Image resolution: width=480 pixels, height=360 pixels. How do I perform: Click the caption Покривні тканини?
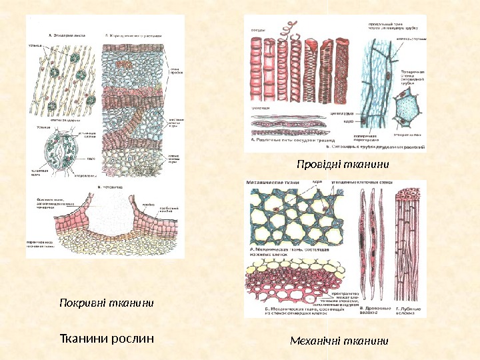(x=107, y=303)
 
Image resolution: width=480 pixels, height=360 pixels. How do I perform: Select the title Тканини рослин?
(x=107, y=337)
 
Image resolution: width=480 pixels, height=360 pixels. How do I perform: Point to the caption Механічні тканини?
(x=339, y=341)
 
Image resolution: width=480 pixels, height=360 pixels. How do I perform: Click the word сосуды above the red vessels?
(x=259, y=29)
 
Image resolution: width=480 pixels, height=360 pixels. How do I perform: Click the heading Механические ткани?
(x=273, y=181)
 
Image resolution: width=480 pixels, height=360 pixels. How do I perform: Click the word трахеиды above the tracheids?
(x=260, y=107)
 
